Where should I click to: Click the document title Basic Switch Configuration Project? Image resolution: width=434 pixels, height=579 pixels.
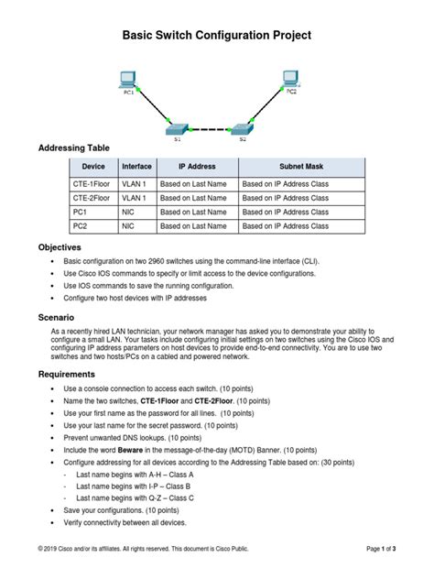[217, 35]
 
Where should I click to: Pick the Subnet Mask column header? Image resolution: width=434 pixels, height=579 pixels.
[301, 167]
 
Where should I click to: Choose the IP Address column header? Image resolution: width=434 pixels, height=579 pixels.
[196, 167]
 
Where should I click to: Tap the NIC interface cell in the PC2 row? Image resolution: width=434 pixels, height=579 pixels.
[128, 224]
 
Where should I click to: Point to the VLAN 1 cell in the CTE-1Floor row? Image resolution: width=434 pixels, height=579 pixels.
[134, 183]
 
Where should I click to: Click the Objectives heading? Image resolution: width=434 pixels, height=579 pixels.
[59, 247]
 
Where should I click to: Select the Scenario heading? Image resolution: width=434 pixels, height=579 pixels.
[56, 316]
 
